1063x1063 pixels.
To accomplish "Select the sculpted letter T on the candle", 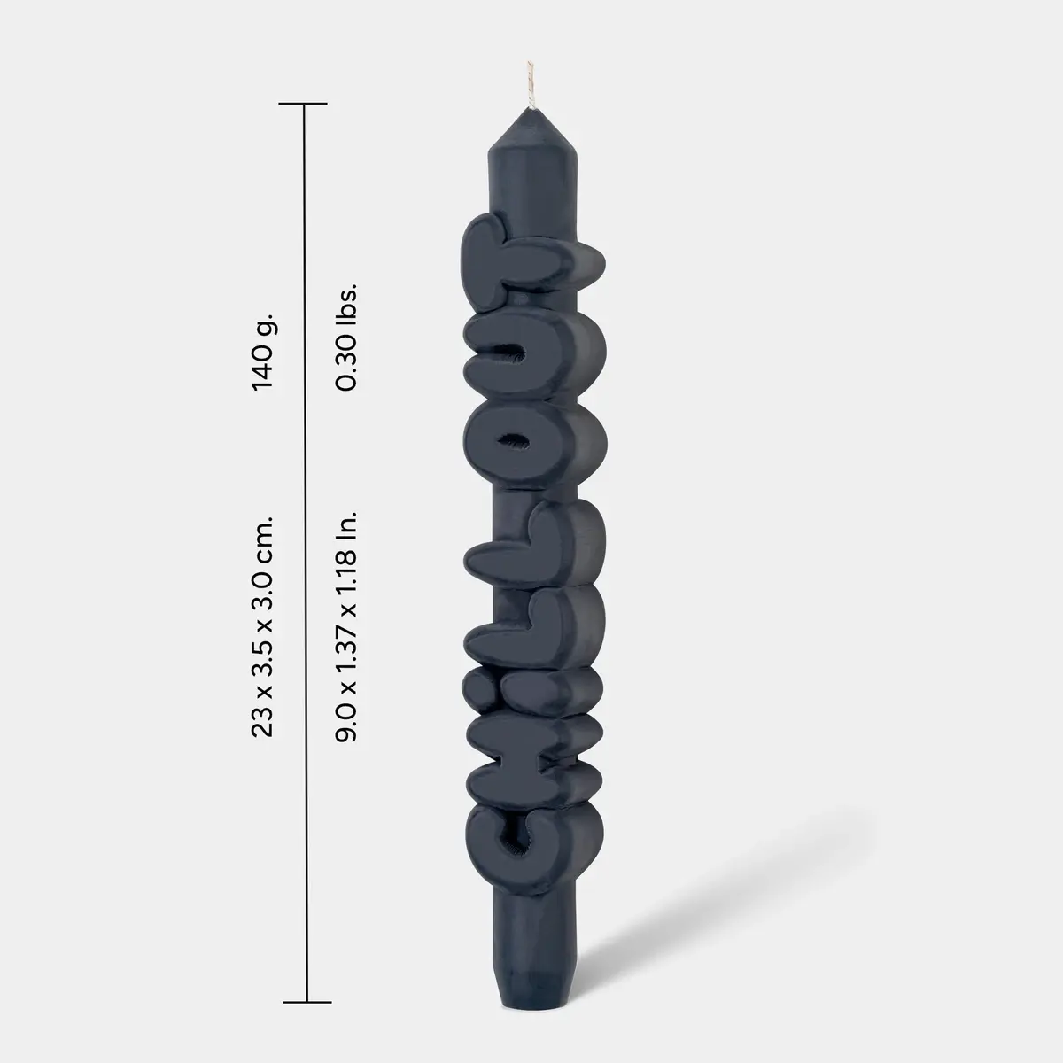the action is point(530,260).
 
